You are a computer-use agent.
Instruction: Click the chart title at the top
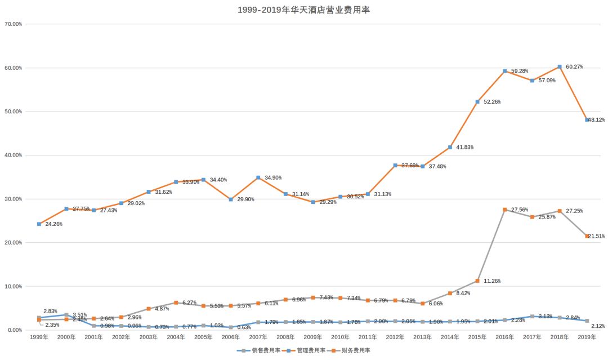(x=303, y=10)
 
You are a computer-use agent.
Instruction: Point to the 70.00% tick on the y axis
(x=13, y=24)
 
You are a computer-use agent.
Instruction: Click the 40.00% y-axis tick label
(x=13, y=155)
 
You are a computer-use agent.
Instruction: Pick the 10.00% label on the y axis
(x=13, y=286)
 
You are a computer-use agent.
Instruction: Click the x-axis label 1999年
(x=39, y=337)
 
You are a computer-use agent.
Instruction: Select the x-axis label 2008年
(x=285, y=337)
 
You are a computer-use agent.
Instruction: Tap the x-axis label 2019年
(x=587, y=337)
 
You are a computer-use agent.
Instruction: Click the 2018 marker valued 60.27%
(x=560, y=67)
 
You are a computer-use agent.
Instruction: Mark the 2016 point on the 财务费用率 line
(x=505, y=210)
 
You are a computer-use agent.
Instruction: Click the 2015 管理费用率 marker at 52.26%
(x=477, y=102)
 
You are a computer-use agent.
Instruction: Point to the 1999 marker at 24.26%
(x=39, y=224)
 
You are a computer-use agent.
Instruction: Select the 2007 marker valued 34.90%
(x=258, y=177)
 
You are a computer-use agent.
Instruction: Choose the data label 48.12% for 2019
(x=597, y=120)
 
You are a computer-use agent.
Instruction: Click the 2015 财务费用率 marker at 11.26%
(x=477, y=281)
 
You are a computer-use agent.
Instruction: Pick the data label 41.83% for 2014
(x=464, y=148)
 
